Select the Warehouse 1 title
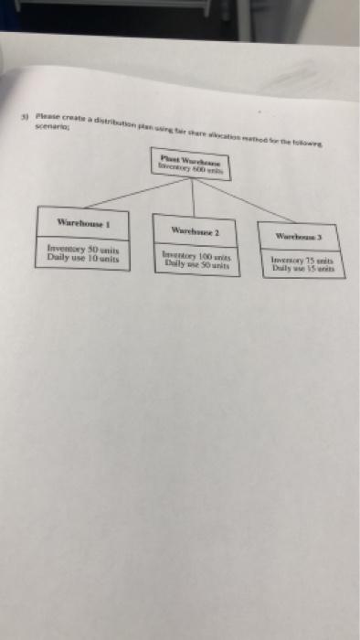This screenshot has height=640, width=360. [83, 222]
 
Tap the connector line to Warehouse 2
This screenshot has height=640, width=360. [194, 201]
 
